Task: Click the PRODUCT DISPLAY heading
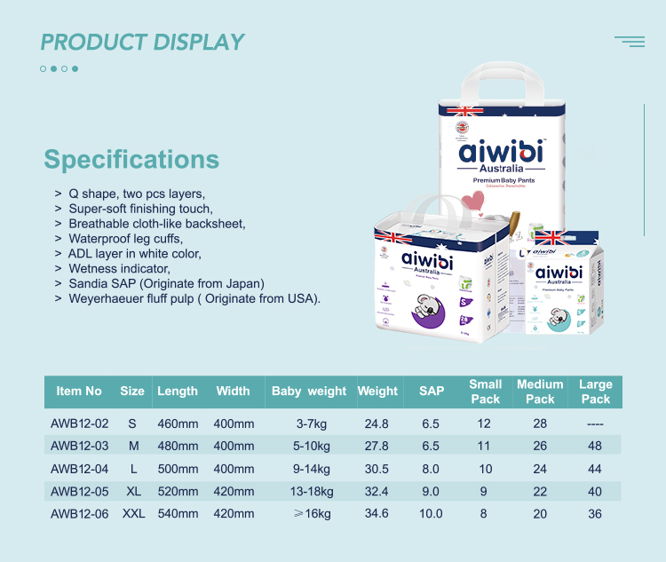click(x=142, y=42)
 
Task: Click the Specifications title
click(x=131, y=159)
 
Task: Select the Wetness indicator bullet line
click(x=119, y=268)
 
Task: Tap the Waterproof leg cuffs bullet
click(x=125, y=238)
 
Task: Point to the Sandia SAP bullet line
click(x=166, y=283)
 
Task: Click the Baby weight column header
click(x=309, y=392)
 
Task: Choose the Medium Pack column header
click(x=540, y=392)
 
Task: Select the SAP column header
click(x=431, y=392)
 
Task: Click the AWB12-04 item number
click(x=79, y=469)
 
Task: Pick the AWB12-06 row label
click(x=79, y=513)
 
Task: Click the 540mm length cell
click(x=178, y=513)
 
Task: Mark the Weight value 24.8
click(x=377, y=424)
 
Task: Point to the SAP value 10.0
click(x=431, y=513)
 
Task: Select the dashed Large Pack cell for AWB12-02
click(x=595, y=424)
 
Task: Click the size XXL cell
click(x=133, y=513)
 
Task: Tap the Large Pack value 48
click(x=595, y=447)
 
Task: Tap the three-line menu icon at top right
click(x=630, y=42)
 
